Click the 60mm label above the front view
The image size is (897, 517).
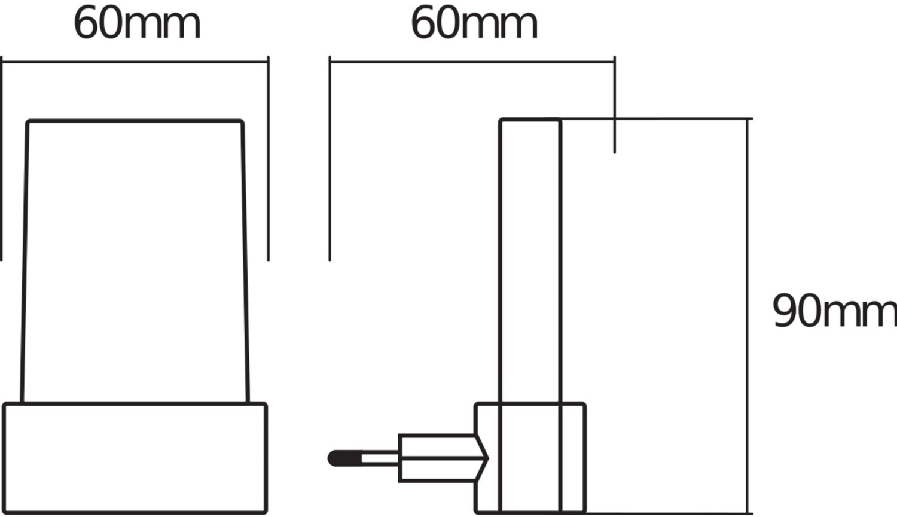click(137, 24)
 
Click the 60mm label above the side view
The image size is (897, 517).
click(474, 24)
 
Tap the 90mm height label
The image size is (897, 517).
click(835, 311)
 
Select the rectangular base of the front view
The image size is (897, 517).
click(135, 458)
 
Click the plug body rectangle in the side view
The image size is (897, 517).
click(437, 458)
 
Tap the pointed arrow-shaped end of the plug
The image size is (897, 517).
click(482, 458)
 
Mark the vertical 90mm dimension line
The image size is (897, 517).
click(747, 316)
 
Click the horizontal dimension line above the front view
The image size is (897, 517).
click(135, 62)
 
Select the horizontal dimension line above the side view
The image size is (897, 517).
click(472, 62)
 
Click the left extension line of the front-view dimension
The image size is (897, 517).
click(1, 159)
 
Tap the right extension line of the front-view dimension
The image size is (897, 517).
click(269, 159)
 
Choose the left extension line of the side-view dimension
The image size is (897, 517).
click(329, 159)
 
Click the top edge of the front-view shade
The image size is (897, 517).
click(135, 121)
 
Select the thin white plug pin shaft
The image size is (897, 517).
click(380, 458)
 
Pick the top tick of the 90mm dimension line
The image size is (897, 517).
click(747, 119)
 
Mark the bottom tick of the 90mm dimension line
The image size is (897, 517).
click(747, 513)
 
